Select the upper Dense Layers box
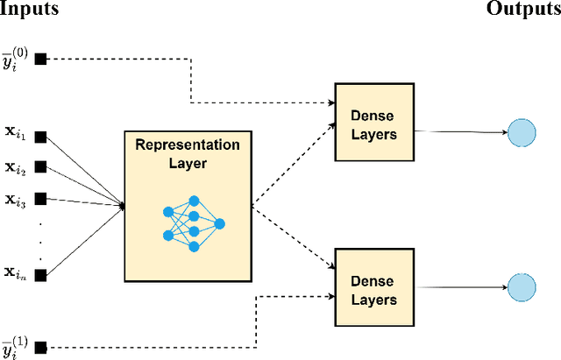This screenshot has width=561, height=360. click(373, 123)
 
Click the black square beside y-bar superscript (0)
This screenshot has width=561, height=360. click(40, 59)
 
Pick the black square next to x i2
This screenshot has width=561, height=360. click(40, 167)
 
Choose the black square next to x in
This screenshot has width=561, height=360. click(40, 274)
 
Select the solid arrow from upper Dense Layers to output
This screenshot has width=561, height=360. click(460, 131)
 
